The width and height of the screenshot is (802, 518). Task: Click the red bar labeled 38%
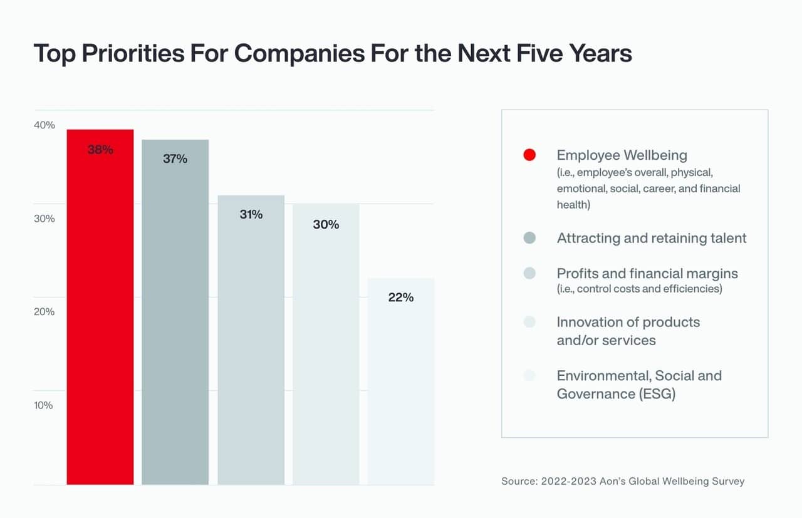click(100, 313)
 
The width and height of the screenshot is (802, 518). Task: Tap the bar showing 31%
click(251, 344)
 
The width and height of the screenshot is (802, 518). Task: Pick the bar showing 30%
click(326, 351)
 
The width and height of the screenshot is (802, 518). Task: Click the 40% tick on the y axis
click(44, 125)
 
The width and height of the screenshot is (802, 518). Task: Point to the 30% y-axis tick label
click(44, 219)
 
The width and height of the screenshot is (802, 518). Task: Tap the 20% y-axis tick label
click(44, 312)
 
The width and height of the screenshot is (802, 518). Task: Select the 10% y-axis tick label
click(44, 405)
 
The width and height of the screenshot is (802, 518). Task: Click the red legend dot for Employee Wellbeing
click(529, 155)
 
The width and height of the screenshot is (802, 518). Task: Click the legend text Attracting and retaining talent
click(652, 238)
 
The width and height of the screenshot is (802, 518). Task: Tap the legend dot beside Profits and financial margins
click(529, 274)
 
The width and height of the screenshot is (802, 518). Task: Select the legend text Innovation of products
click(628, 323)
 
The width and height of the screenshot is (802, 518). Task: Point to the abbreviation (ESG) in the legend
click(656, 394)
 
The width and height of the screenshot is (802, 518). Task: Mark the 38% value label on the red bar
click(100, 150)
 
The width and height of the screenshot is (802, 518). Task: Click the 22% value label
click(401, 298)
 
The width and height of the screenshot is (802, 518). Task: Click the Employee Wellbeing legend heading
click(622, 155)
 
